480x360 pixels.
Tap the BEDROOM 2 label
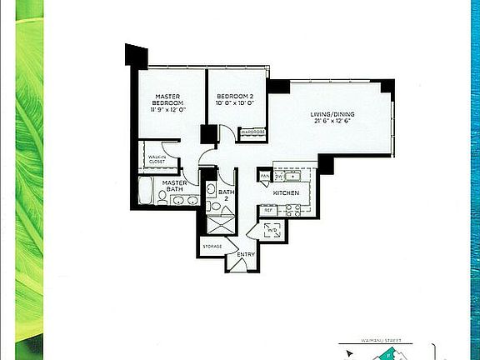tap(231, 94)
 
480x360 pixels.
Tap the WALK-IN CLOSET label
tap(157, 160)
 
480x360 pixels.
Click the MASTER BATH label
tap(174, 187)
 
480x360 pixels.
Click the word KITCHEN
tap(286, 194)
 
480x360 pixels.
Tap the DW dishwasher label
tap(279, 177)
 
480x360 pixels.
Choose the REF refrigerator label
tap(268, 210)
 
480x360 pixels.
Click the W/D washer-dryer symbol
tap(272, 231)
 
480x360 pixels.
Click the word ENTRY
tap(245, 254)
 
